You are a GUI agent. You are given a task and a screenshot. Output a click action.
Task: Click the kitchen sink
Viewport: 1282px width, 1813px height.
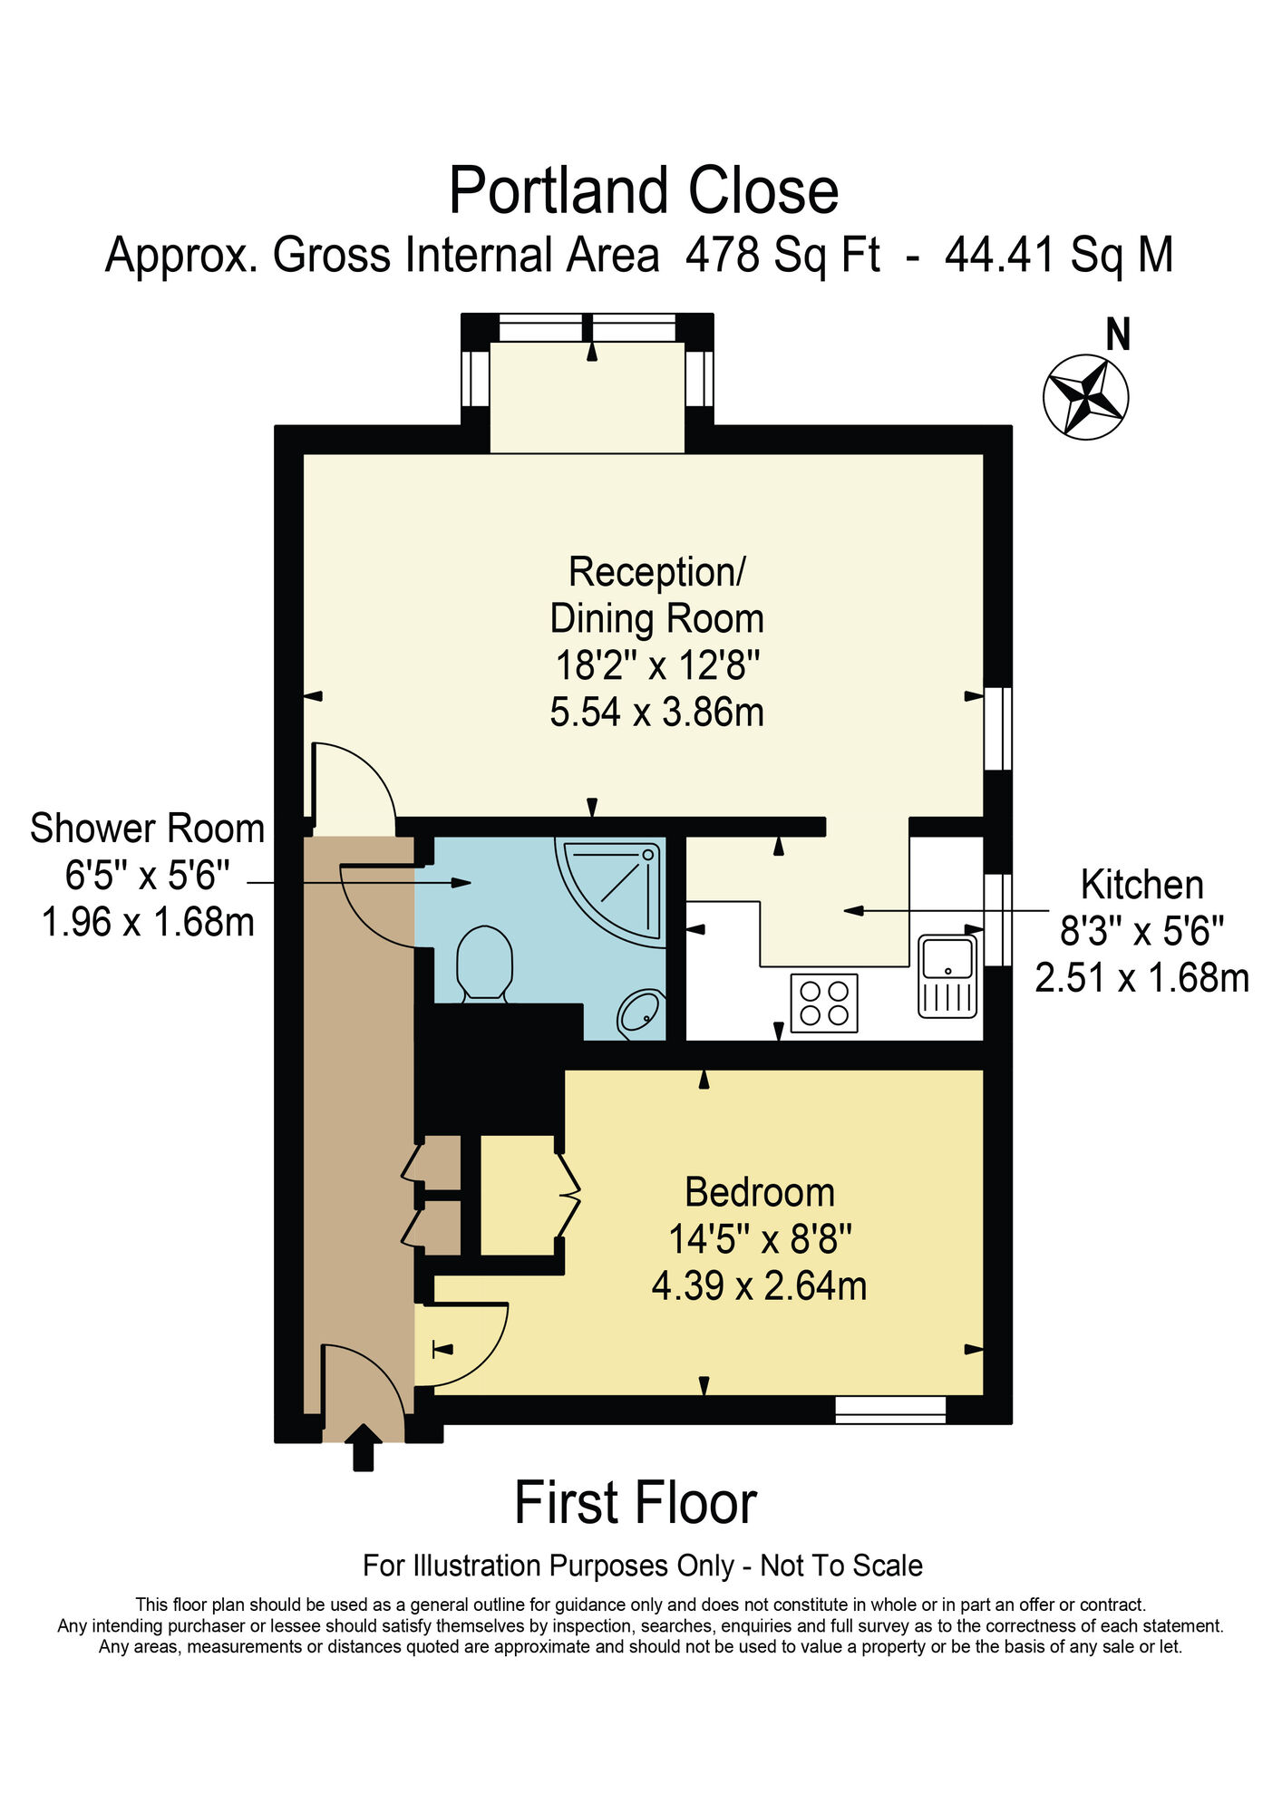(x=947, y=975)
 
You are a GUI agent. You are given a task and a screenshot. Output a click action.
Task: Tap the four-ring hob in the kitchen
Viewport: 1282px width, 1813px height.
(x=824, y=1003)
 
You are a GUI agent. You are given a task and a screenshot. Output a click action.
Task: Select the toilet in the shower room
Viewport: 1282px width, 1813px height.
(x=484, y=963)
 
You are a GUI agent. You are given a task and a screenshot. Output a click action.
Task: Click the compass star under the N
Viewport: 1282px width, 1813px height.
(x=1085, y=397)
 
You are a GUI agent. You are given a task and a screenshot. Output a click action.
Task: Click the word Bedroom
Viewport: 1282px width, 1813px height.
(x=759, y=1192)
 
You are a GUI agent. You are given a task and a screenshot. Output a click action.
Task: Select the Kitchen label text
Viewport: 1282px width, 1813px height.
(x=1141, y=885)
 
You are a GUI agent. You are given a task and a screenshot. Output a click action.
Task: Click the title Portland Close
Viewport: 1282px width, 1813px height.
(x=643, y=191)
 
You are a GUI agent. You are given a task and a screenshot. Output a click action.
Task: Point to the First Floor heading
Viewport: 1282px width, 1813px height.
(x=635, y=1503)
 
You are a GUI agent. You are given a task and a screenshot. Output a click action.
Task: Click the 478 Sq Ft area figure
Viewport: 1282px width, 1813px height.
(x=782, y=255)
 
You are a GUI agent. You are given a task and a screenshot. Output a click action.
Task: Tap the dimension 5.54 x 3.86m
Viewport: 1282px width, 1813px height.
(x=656, y=713)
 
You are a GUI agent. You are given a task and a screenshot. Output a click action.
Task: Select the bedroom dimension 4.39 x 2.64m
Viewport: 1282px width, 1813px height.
(x=759, y=1285)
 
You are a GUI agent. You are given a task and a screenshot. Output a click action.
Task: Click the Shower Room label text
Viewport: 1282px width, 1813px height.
(x=147, y=829)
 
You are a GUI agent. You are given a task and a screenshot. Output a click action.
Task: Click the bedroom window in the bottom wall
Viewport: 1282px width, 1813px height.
(x=889, y=1410)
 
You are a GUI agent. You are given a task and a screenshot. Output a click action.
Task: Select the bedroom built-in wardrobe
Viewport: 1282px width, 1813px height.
(x=517, y=1195)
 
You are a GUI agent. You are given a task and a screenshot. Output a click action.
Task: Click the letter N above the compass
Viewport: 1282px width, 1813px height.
(x=1118, y=335)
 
